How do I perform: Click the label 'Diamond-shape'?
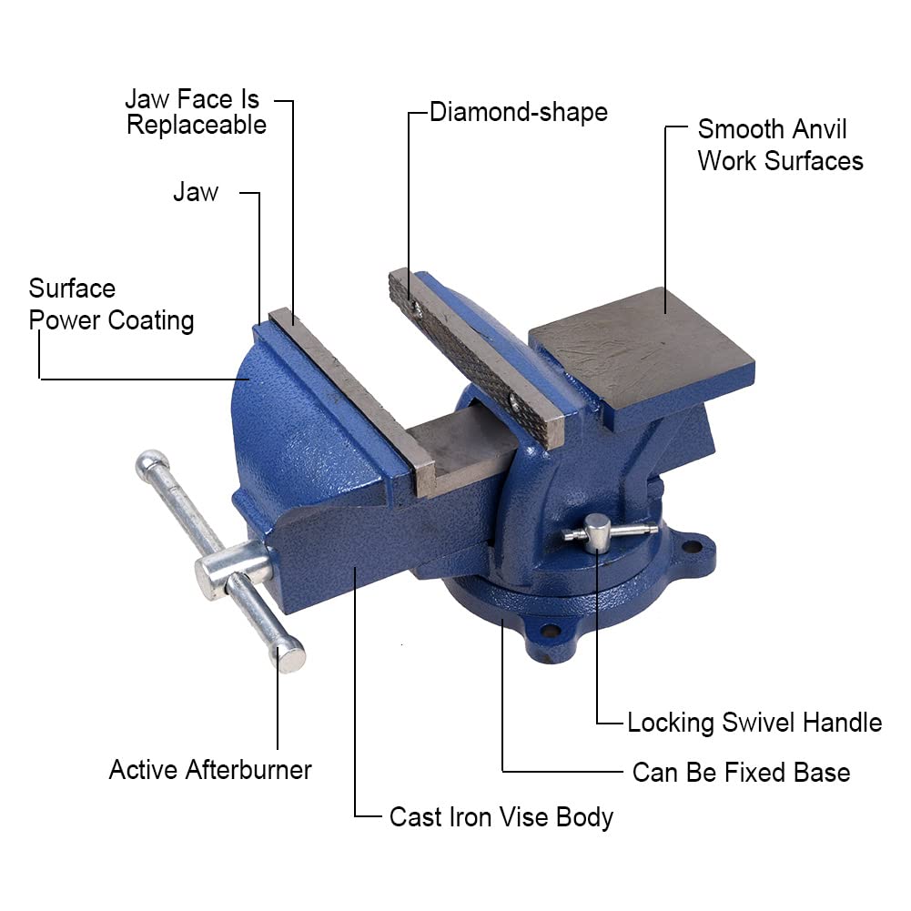518,113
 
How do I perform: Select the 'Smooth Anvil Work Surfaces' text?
780,145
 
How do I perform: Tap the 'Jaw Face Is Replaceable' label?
196,112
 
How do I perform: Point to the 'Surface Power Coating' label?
111,305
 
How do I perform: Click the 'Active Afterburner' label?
210,770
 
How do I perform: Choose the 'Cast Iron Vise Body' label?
501,816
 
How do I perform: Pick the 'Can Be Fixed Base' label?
741,773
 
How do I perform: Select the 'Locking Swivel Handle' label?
754,723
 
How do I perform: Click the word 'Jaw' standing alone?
196,192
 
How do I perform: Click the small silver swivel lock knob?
597,527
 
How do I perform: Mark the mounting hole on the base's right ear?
693,547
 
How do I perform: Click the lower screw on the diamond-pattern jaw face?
516,399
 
